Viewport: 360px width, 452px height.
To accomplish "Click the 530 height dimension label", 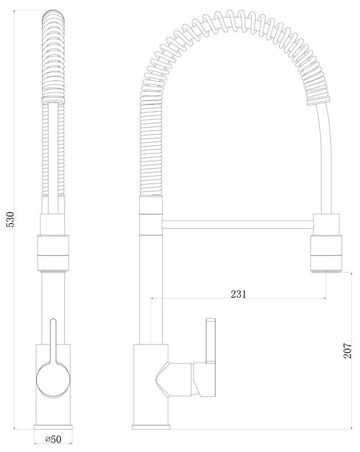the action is [10, 219].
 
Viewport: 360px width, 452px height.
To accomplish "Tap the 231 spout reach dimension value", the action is [238, 294].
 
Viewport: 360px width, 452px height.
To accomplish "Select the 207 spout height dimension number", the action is [347, 350].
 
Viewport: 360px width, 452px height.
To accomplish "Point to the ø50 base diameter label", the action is [54, 439].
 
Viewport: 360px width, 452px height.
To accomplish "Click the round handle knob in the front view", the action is [54, 380].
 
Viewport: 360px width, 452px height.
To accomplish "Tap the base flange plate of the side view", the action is [150, 427].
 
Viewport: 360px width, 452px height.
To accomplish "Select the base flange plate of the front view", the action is [53, 427].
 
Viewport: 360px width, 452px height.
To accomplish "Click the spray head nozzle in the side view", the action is [326, 254].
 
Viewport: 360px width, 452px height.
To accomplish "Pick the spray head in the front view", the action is [54, 254].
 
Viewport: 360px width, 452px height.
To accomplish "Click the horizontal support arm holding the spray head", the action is [237, 225].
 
